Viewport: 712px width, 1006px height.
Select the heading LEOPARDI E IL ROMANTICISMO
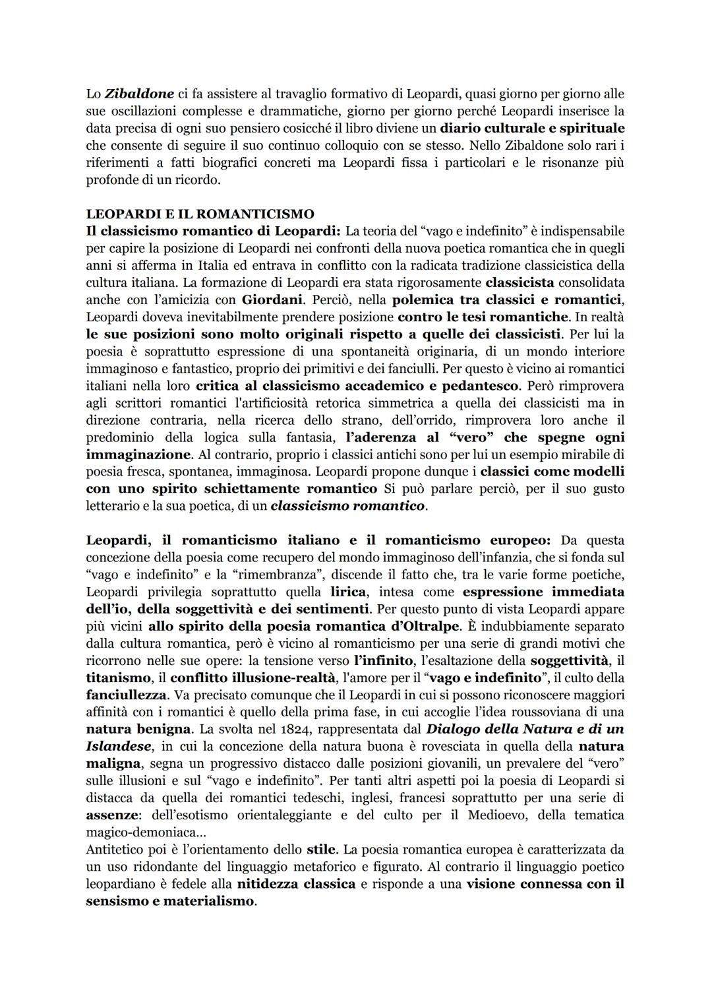tap(200, 214)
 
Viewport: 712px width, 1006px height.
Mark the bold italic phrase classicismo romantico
tap(347, 507)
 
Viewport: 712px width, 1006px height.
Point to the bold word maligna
tap(113, 764)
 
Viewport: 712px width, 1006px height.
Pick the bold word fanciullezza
tap(123, 695)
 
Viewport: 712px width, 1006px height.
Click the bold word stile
tap(321, 850)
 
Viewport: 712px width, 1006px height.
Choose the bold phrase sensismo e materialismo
tap(169, 901)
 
